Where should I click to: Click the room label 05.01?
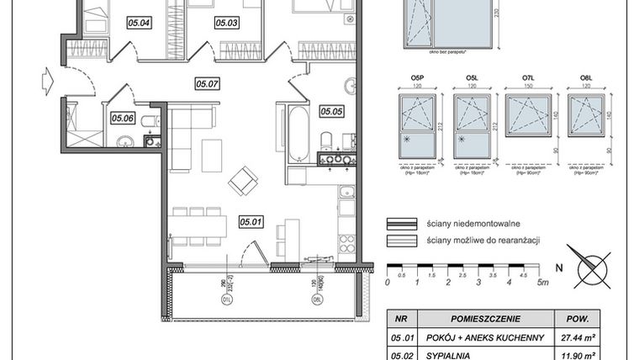pyautogui.click(x=251, y=222)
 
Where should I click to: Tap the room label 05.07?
pyautogui.click(x=207, y=83)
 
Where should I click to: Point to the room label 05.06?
pyautogui.click(x=122, y=118)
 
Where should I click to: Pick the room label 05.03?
pyautogui.click(x=227, y=23)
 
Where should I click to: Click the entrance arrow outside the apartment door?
pyautogui.click(x=45, y=83)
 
